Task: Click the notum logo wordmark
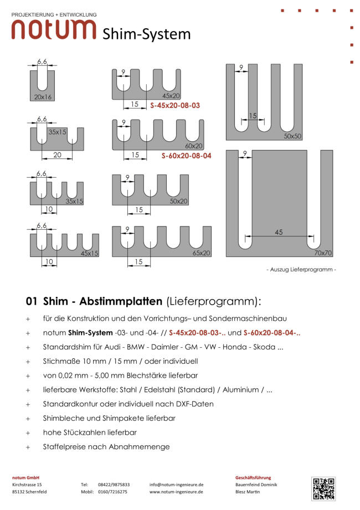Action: (x=54, y=29)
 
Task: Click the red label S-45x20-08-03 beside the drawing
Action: (x=174, y=105)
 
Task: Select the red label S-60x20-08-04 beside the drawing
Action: (x=186, y=156)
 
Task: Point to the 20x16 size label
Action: (x=42, y=97)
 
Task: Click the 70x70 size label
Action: (x=322, y=253)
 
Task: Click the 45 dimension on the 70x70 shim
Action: (x=278, y=233)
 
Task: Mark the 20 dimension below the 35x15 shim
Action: (x=57, y=156)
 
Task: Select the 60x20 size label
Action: (x=194, y=146)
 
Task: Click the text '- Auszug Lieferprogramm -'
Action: (x=301, y=270)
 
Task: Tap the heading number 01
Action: (x=31, y=302)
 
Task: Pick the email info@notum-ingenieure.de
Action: (x=176, y=484)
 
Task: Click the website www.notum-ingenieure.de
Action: (x=176, y=492)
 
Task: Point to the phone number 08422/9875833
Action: (x=114, y=484)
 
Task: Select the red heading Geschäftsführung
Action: (x=253, y=477)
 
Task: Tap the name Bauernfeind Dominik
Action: (x=256, y=484)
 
